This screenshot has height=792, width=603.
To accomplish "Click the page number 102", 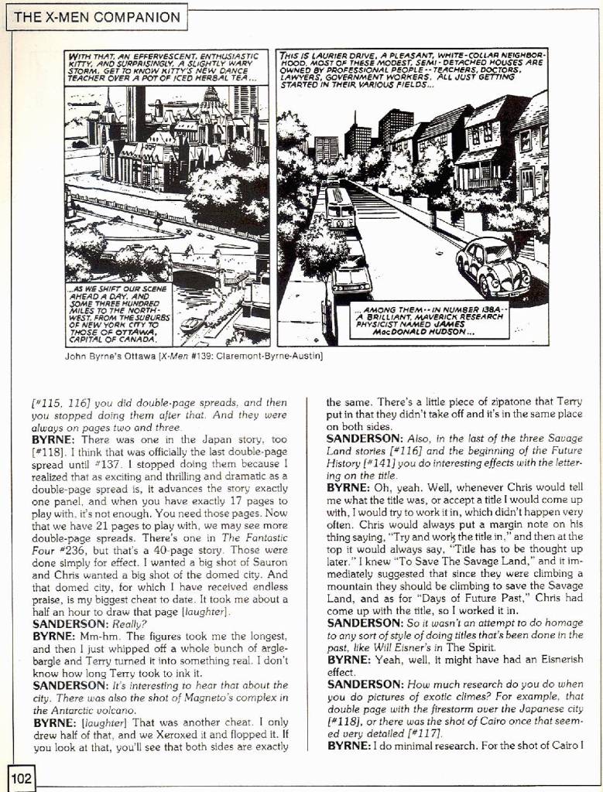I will tap(22, 777).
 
